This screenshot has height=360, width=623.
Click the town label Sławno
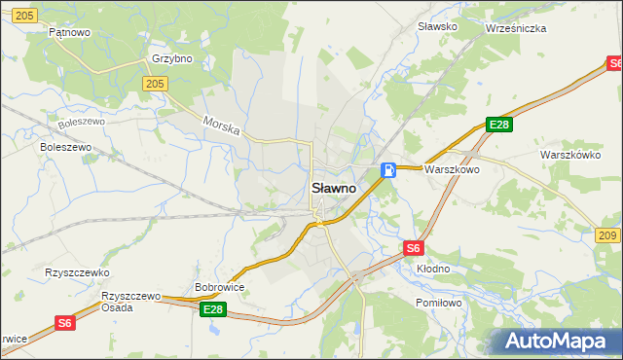pos(333,188)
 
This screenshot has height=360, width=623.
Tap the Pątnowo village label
pos(69,32)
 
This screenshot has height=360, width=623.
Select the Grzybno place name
pos(172,58)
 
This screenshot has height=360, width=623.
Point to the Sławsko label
pos(437,26)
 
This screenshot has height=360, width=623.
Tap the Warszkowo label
pos(453,169)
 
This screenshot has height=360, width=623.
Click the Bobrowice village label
pos(219,288)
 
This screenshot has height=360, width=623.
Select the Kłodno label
pos(433,268)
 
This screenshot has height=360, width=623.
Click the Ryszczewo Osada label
pos(130,301)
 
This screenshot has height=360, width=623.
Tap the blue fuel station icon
pos(388,170)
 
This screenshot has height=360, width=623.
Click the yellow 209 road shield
pos(607,236)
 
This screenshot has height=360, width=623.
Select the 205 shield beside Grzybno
pos(154,85)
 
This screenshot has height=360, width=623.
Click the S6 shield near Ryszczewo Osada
pos(64,323)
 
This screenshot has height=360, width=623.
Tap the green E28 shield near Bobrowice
pos(213,309)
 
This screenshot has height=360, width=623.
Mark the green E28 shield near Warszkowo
pos(499,125)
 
